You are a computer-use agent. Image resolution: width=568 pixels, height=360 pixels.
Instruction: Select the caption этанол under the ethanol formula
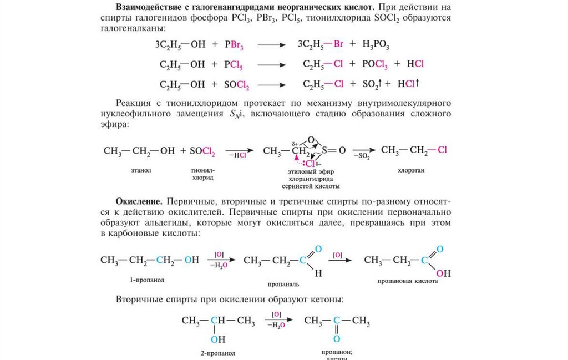click(142, 170)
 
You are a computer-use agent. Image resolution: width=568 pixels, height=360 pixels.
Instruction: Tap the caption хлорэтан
click(411, 171)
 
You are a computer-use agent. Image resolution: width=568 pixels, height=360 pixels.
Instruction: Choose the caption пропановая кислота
click(408, 281)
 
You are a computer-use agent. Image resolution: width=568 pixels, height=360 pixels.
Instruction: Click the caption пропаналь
click(283, 283)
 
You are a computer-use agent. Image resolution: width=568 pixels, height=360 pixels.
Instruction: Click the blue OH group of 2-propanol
click(218, 339)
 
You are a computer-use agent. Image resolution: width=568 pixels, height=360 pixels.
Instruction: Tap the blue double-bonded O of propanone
click(337, 338)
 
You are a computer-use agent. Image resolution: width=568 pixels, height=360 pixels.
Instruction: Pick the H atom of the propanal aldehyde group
click(318, 273)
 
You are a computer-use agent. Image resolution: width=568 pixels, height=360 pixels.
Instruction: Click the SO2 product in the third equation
click(370, 84)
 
